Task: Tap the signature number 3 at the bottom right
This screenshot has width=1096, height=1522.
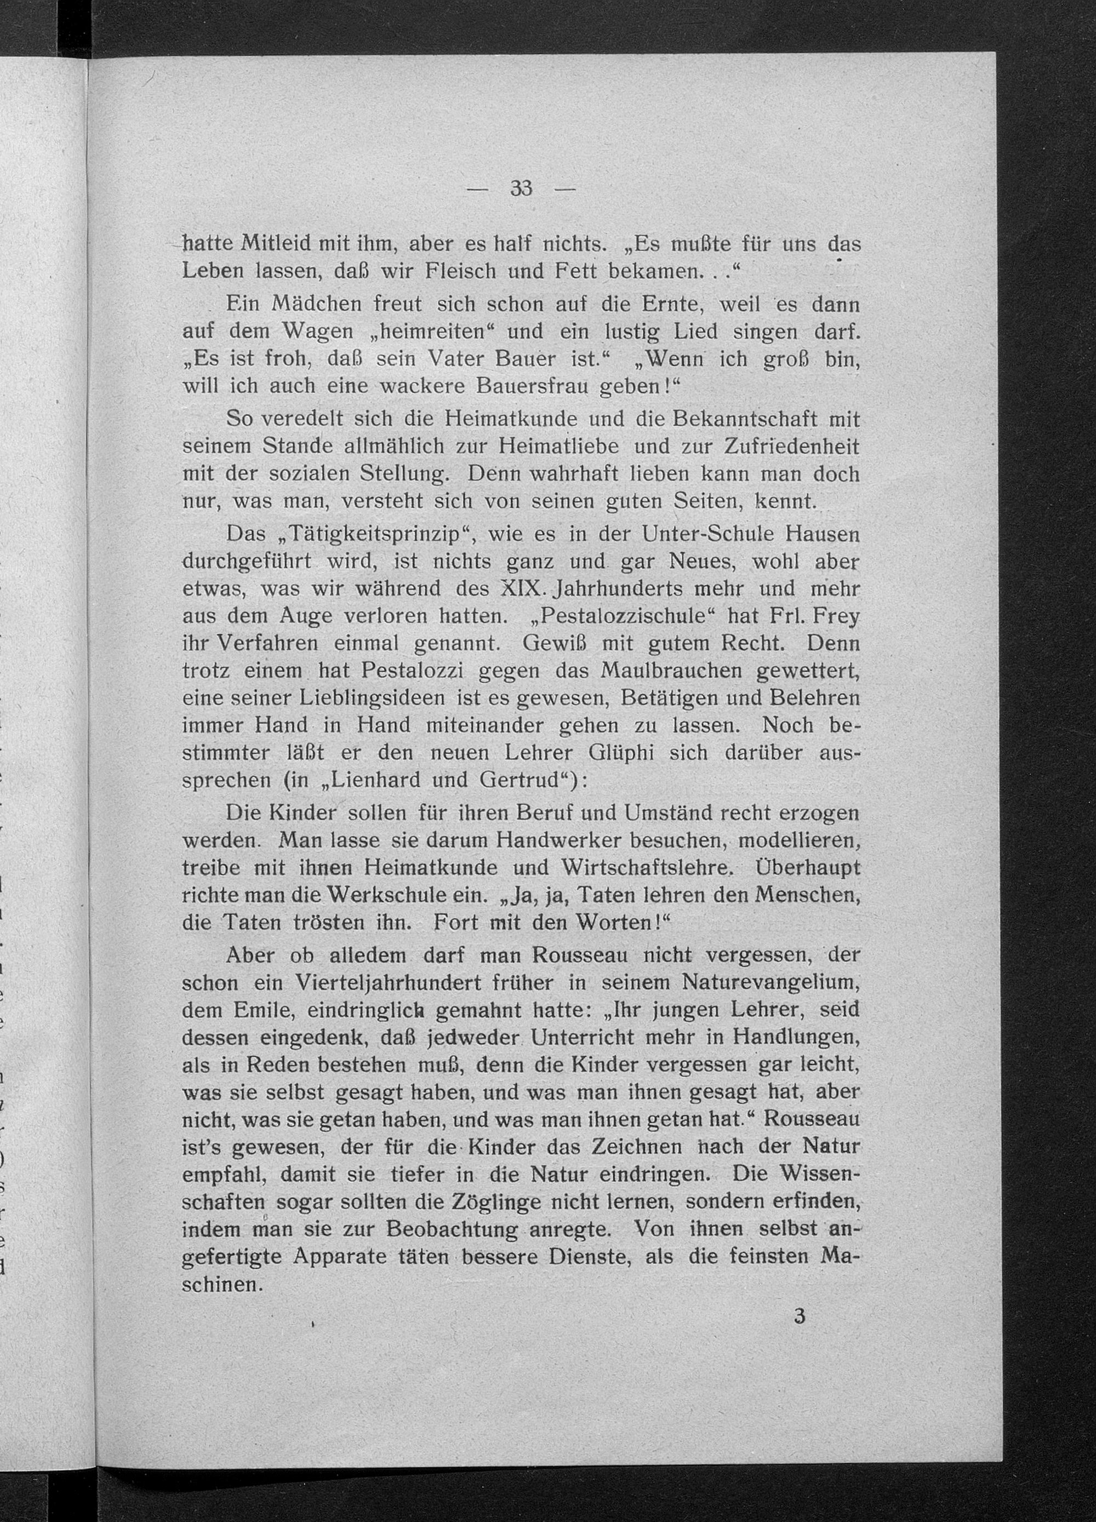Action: [x=798, y=1317]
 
